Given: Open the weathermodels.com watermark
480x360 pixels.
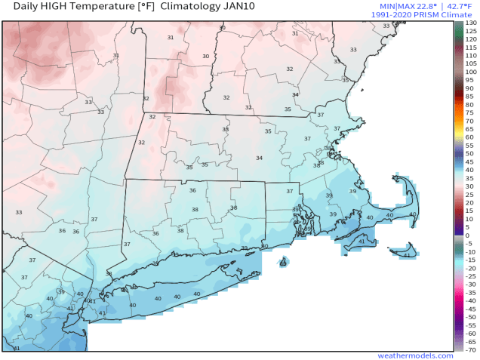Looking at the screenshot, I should coord(415,355).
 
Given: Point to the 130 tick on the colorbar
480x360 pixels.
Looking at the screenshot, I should coord(470,23).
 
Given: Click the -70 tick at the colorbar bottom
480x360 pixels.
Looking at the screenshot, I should coord(469,349).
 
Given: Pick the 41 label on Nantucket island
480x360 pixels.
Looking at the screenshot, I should coord(407,256).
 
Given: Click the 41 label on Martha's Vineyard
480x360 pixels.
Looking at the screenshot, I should coord(362,242).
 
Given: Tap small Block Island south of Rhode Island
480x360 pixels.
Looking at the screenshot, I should coord(283,263).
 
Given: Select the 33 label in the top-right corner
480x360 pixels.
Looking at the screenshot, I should coord(386,26).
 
